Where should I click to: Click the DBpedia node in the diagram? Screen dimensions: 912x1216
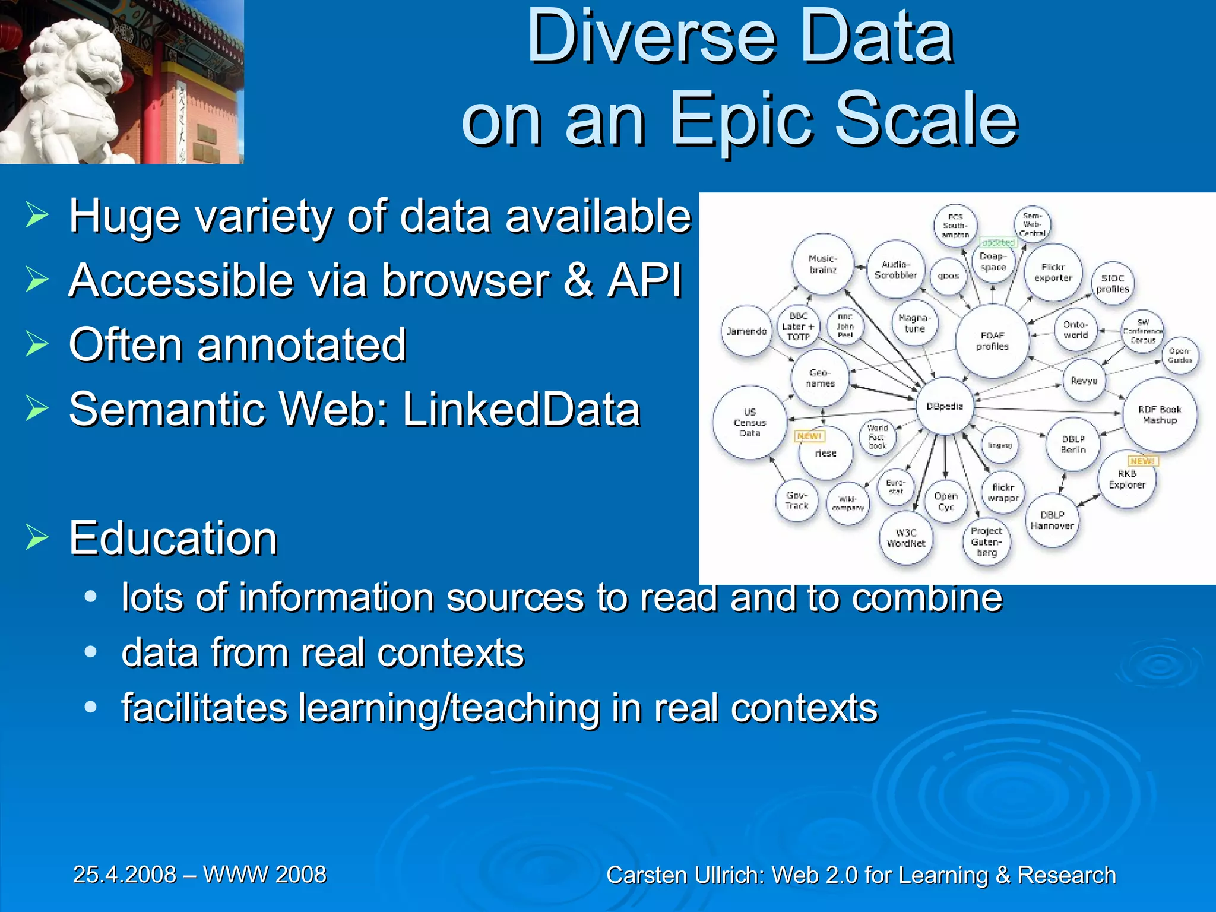945,407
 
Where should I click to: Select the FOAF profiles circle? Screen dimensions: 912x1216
992,341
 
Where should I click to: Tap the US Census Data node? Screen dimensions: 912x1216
750,423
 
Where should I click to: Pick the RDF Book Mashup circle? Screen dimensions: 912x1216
1160,414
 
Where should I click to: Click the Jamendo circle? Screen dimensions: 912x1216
746,331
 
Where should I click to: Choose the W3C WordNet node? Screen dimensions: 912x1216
906,538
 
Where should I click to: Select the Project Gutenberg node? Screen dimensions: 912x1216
986,541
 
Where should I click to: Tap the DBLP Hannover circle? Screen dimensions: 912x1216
1052,520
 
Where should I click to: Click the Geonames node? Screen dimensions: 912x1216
820,378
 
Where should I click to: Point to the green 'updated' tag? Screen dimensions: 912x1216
998,242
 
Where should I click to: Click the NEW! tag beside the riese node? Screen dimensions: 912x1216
809,436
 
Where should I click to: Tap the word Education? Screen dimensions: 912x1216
173,538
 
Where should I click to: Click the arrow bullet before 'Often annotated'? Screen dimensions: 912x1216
37,344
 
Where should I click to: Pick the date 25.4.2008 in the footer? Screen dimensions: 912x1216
125,875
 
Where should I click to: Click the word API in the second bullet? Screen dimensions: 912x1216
645,280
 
